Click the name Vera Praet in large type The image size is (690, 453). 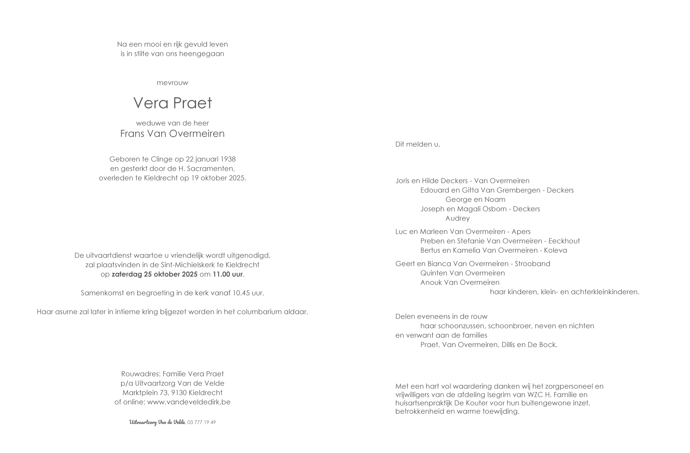point(172,103)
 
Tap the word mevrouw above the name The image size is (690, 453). point(172,83)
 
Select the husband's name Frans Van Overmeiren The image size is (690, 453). point(172,134)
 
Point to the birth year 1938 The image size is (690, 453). point(228,159)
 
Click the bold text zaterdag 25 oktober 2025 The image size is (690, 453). point(154,274)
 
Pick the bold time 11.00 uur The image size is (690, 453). point(228,274)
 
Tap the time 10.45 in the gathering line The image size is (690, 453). point(241,293)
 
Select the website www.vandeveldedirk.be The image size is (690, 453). point(189,402)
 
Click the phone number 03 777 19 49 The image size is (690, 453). point(201,422)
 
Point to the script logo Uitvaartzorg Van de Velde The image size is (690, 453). point(157,422)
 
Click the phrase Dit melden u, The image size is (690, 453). point(418,144)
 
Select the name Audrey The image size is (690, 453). point(457,218)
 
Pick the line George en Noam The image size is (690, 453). point(475,200)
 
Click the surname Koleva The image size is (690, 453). point(555,250)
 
